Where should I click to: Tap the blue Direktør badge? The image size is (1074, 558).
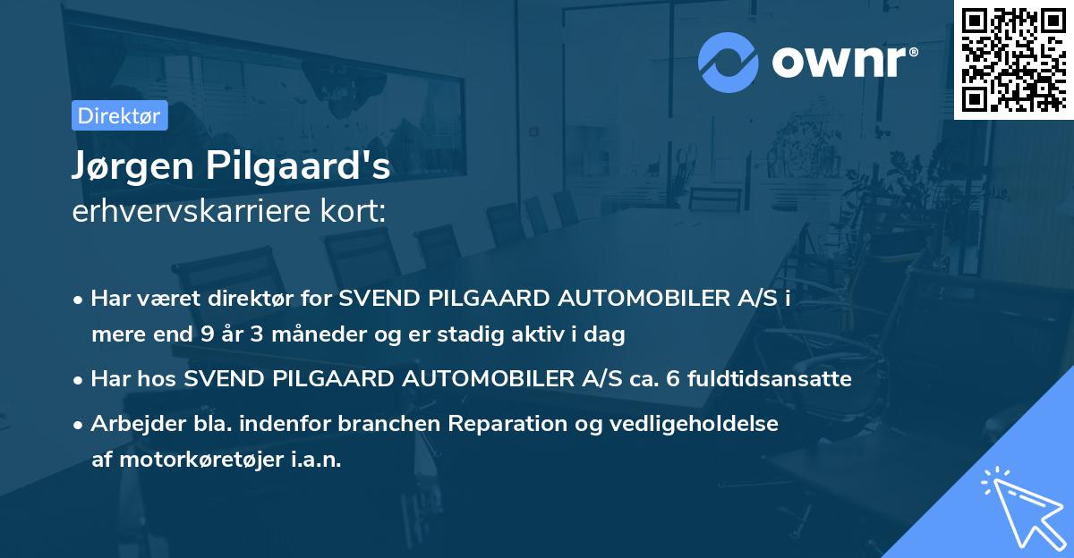click(x=119, y=116)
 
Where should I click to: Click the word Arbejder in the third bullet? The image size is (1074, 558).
click(x=131, y=424)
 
